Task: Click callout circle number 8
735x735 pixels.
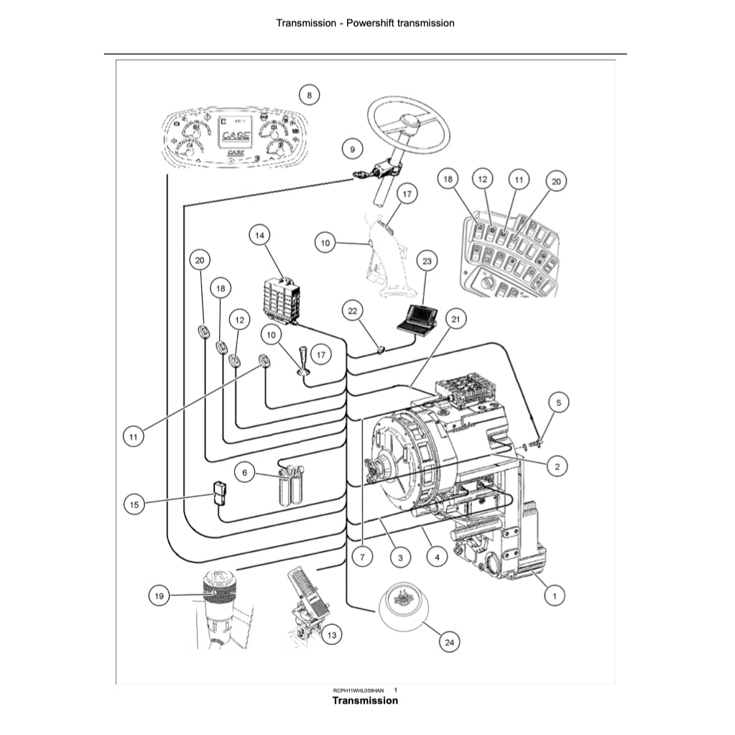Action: coord(309,94)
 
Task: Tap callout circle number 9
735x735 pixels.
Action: coord(352,149)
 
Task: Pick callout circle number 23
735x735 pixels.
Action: coord(427,262)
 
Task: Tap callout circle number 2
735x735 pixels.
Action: coord(557,467)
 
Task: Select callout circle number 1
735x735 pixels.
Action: coord(553,595)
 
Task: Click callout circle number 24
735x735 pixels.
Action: coord(450,642)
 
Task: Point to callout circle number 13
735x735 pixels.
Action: coord(330,635)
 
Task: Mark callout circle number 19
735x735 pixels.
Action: coord(160,595)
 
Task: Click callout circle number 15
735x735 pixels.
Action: coord(134,505)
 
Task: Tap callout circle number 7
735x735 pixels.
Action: coord(363,556)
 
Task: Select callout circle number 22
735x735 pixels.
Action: coord(352,311)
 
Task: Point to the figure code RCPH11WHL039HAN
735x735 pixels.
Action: coord(353,690)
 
